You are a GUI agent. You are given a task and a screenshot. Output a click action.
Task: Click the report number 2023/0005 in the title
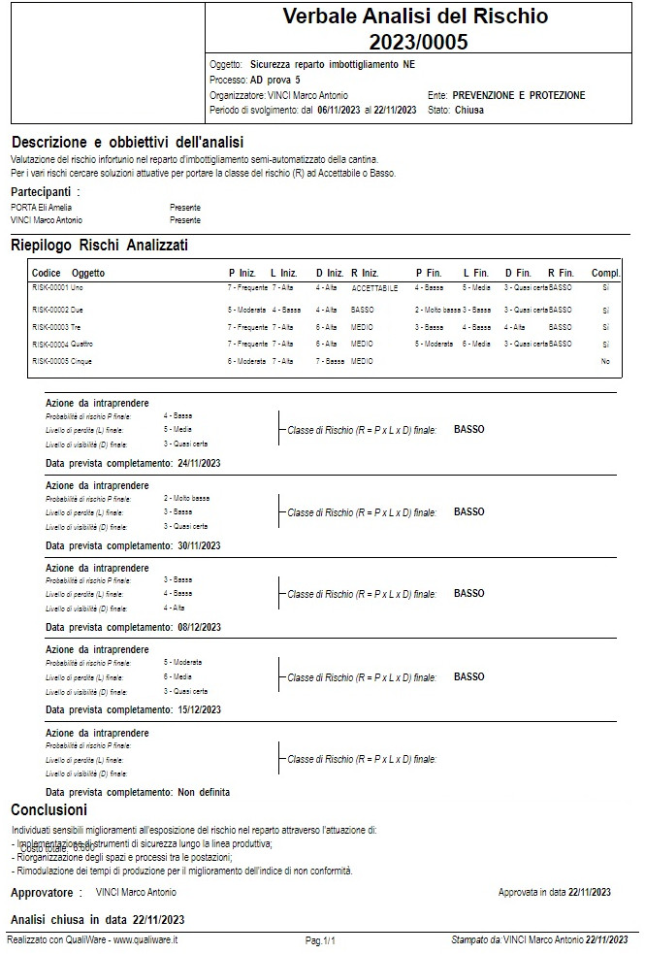(x=418, y=42)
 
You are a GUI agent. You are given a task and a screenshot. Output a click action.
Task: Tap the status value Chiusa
(x=469, y=111)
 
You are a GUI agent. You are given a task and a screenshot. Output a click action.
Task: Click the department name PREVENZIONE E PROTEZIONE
(x=519, y=96)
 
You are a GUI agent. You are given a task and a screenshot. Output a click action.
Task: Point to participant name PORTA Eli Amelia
(x=41, y=208)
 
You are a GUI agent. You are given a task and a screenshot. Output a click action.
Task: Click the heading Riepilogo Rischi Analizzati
(x=99, y=245)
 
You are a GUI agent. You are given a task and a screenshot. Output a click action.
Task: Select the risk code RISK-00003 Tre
(x=57, y=327)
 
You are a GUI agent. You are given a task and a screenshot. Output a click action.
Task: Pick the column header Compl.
(x=605, y=274)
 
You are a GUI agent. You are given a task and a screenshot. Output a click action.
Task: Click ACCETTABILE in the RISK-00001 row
(x=374, y=289)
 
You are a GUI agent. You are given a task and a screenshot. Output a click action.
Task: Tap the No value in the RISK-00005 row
(x=605, y=361)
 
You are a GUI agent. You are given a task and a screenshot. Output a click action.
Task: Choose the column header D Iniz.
(x=330, y=274)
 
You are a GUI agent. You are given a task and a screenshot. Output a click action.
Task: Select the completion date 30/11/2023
(x=199, y=545)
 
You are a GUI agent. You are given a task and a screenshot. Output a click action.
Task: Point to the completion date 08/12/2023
(x=199, y=627)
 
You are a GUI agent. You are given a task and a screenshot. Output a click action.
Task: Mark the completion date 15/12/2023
(x=199, y=709)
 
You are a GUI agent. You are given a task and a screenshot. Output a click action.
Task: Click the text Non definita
(x=204, y=792)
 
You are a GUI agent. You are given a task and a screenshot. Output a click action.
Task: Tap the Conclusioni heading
(x=48, y=809)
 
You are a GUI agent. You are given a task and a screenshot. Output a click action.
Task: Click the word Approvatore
(x=42, y=892)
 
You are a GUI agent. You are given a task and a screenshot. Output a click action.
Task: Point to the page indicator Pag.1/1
(x=320, y=940)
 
